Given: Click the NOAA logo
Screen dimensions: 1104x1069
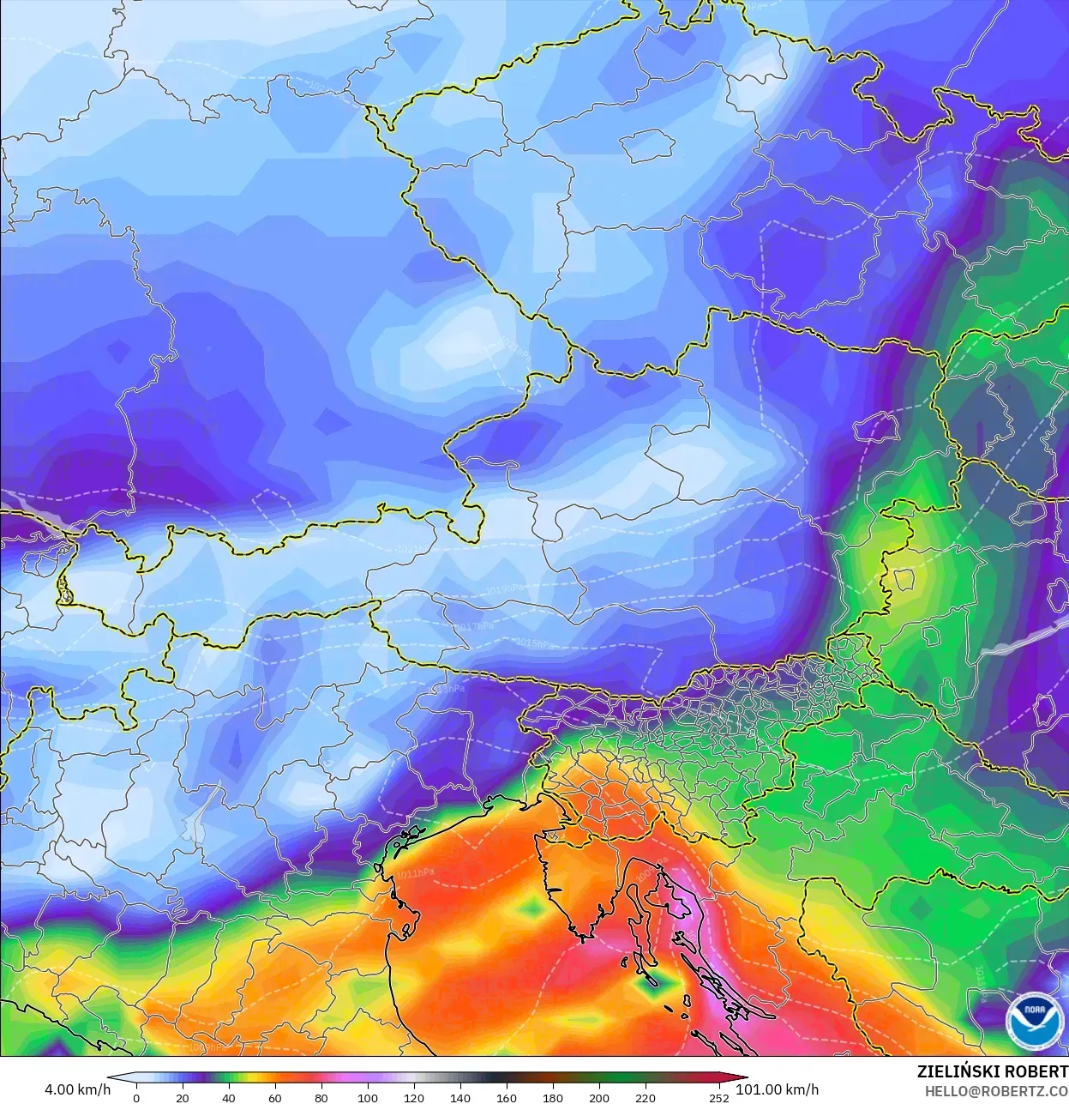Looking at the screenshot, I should [x=1034, y=1021].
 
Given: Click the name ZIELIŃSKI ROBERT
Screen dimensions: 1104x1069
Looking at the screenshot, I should [x=992, y=1071].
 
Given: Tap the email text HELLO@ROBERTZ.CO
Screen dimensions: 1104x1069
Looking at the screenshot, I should [x=995, y=1091].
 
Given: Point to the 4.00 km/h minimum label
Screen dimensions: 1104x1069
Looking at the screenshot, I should [x=77, y=1089].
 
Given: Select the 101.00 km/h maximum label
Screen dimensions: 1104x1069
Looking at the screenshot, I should [x=777, y=1089].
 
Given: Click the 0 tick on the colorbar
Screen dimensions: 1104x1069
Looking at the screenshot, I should [x=136, y=1098].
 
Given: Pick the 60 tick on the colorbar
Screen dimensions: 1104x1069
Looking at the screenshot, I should [x=275, y=1098].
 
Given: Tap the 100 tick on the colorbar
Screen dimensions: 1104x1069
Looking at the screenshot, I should [x=368, y=1098].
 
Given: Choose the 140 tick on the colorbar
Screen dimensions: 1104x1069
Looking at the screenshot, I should [x=460, y=1098].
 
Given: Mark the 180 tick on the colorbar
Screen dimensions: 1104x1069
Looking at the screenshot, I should [x=553, y=1098].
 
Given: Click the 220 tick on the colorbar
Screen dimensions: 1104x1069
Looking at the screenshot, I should [x=646, y=1098].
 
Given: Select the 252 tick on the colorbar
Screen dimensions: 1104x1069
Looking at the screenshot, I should [x=719, y=1098].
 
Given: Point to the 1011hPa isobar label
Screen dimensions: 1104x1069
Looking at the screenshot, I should [x=416, y=874].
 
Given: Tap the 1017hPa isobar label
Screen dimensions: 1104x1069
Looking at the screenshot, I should [x=475, y=627].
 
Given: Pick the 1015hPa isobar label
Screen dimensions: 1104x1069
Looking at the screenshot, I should [x=533, y=643].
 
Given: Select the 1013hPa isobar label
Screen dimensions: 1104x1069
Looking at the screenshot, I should [x=447, y=689].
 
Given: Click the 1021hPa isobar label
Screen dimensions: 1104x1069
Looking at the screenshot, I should [x=417, y=548].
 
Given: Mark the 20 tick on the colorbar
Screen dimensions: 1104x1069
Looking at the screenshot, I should [x=183, y=1098].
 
